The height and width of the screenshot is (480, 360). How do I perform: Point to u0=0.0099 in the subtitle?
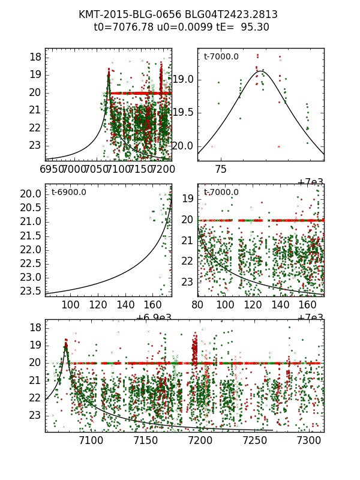pos(170,27)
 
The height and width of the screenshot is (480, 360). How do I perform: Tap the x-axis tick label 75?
pos(221,170)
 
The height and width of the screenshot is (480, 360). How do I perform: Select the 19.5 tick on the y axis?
pos(184,112)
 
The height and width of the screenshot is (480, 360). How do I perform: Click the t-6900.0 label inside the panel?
pos(69,192)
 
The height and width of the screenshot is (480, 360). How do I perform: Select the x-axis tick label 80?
pos(197,304)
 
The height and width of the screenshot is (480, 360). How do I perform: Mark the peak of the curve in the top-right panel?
pos(260,71)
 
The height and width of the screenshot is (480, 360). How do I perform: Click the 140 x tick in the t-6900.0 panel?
pos(125,304)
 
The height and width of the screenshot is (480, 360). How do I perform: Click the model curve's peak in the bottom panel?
pos(65,346)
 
